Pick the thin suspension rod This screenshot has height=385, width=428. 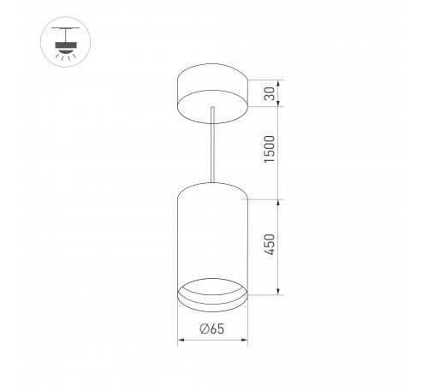[x=211, y=145]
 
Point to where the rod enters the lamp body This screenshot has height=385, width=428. [x=211, y=182]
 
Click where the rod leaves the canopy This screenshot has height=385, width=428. [x=211, y=110]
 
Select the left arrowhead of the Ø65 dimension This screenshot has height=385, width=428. [x=181, y=341]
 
